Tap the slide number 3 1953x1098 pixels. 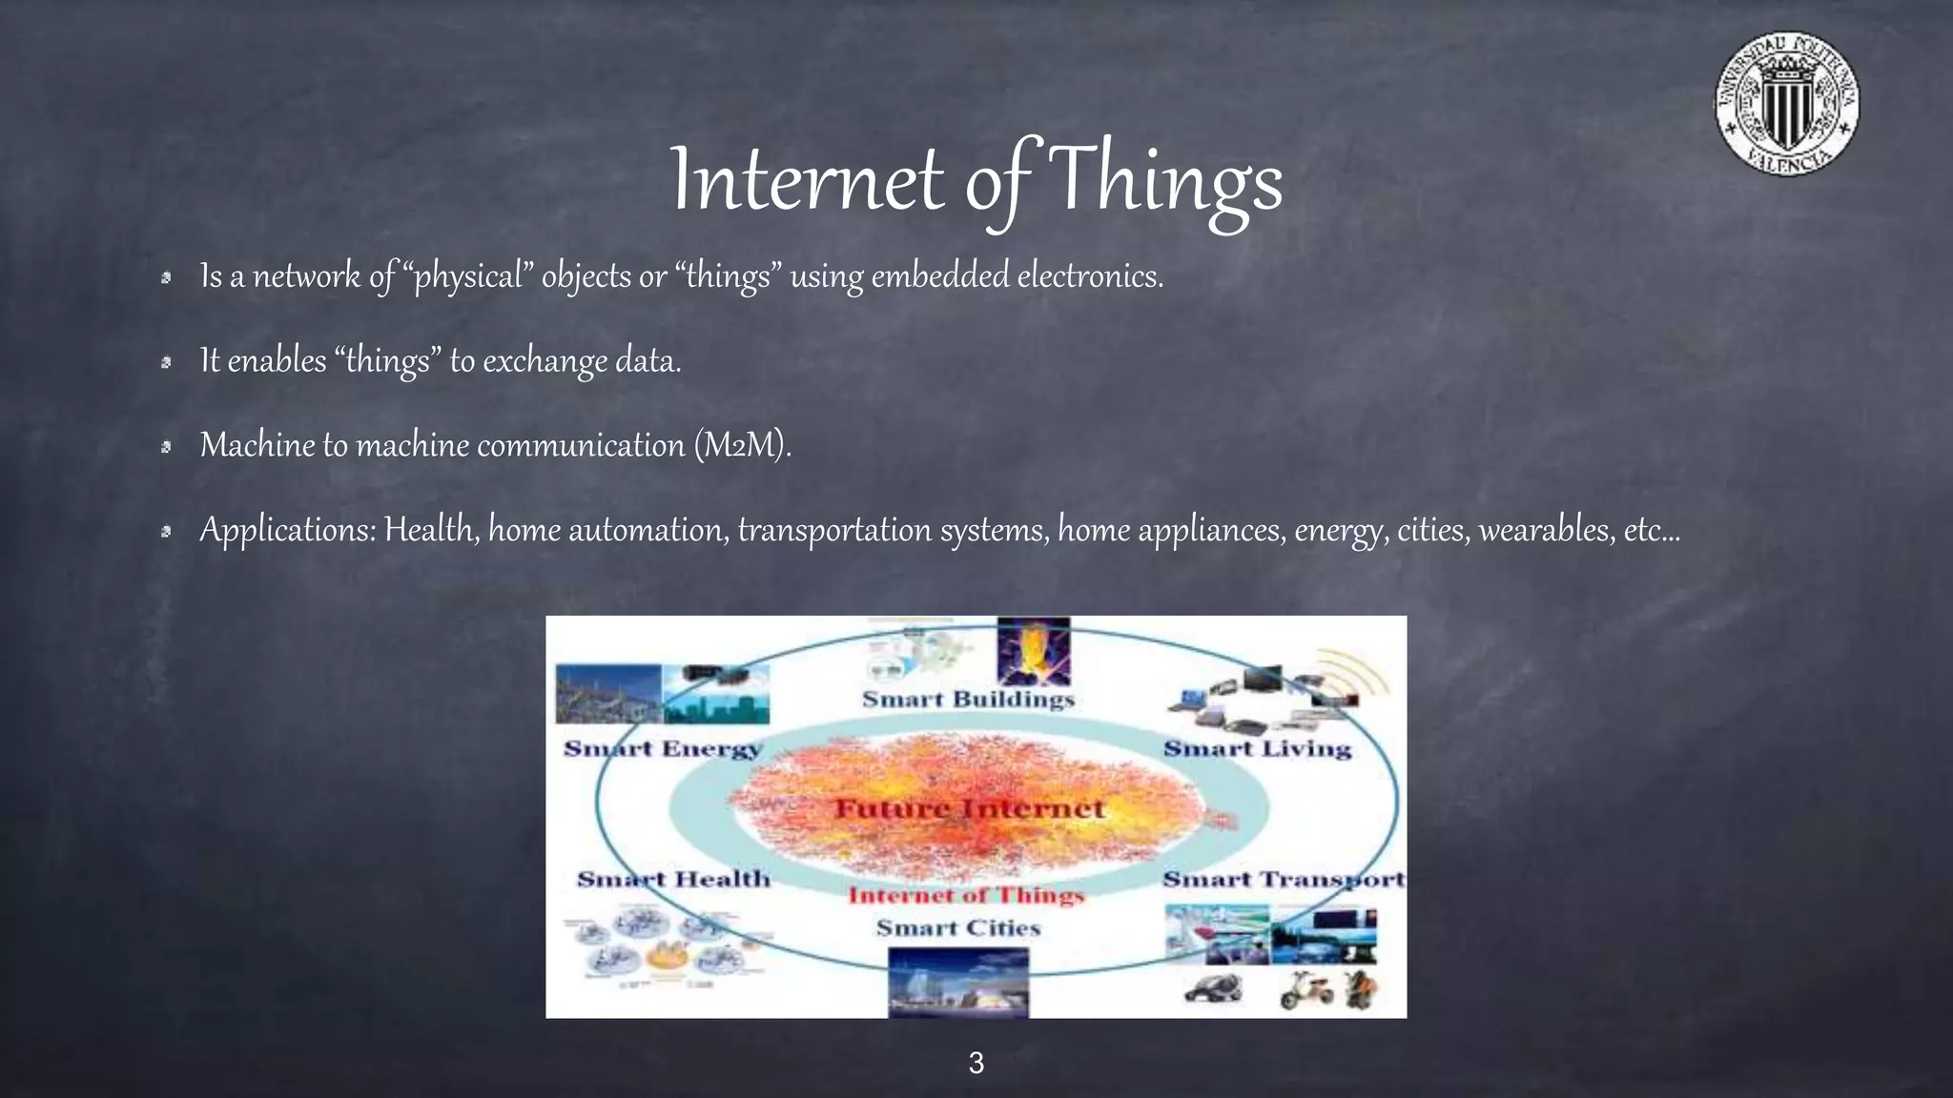tap(976, 1063)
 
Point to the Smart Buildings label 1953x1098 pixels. tap(968, 699)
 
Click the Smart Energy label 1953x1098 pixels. tap(663, 748)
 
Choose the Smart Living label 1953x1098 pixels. tap(1257, 748)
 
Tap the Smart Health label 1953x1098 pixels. tap(673, 879)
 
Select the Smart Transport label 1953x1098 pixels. tap(1283, 879)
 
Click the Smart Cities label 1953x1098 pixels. tap(957, 927)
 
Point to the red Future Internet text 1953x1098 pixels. tap(969, 809)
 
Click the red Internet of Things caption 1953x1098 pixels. tap(966, 895)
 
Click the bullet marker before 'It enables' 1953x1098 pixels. tap(166, 362)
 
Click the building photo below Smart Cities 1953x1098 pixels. tap(958, 983)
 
